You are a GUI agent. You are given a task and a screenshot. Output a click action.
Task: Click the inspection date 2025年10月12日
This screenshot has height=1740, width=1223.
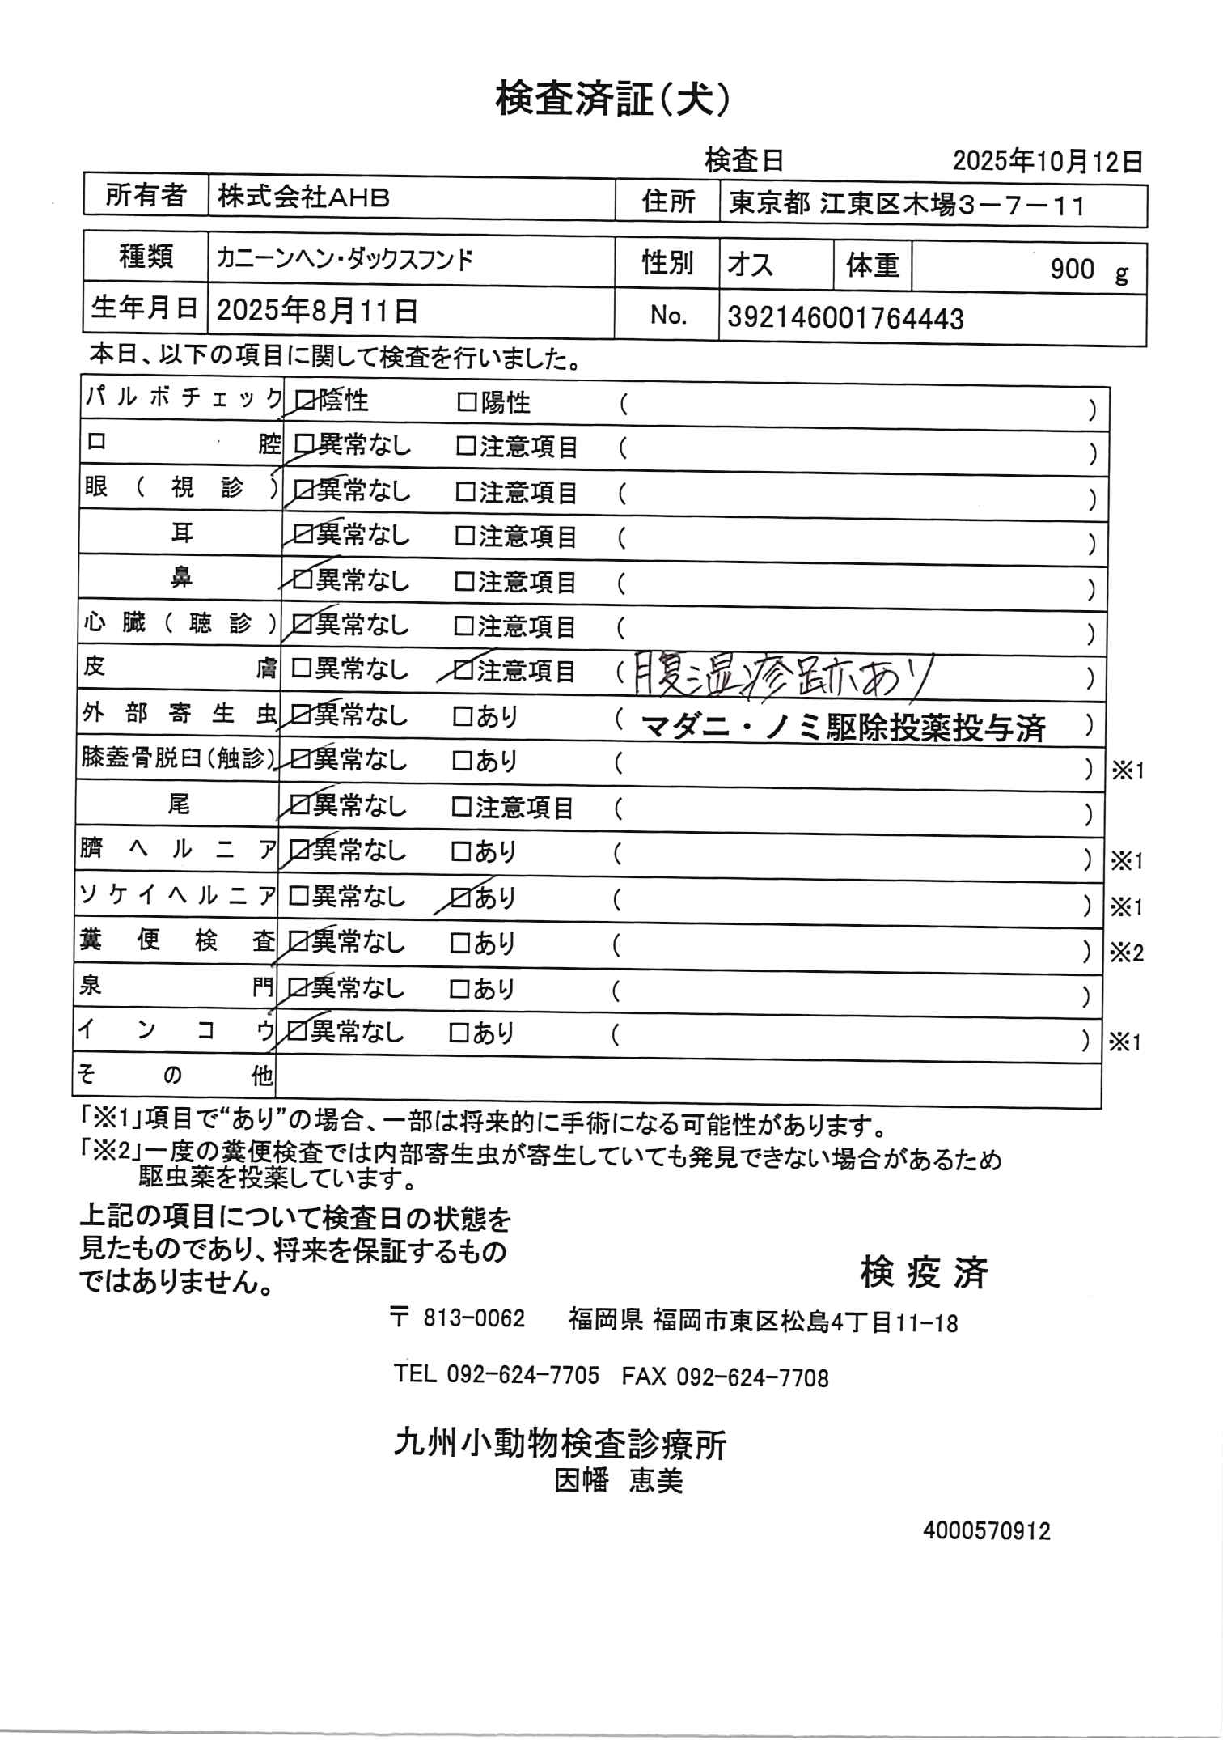click(x=1047, y=161)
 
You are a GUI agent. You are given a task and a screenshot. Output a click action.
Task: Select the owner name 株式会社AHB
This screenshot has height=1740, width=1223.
click(x=303, y=198)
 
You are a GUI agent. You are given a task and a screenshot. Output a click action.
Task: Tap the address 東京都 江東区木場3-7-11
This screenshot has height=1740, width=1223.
click(x=906, y=204)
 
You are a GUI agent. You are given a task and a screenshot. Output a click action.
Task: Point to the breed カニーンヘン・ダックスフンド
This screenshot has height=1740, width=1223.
click(x=345, y=260)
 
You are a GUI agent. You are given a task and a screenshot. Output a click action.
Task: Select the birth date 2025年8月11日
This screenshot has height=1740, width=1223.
click(x=317, y=310)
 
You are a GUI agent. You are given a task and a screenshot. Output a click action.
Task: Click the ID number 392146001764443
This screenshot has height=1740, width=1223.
click(x=845, y=318)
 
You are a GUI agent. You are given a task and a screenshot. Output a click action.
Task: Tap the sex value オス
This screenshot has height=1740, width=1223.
click(x=750, y=265)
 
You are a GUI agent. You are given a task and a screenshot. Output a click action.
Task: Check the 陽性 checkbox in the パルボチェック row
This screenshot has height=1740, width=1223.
click(x=467, y=402)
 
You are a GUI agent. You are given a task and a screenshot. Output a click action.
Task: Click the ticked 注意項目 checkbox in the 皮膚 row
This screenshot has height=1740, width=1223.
click(x=464, y=670)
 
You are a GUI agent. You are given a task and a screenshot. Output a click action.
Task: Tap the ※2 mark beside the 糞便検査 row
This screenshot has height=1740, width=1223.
click(x=1126, y=953)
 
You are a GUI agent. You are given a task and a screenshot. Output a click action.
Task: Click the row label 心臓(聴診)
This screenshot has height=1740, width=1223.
click(x=180, y=624)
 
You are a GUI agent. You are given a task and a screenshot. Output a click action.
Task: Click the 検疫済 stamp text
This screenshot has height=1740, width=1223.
click(x=924, y=1273)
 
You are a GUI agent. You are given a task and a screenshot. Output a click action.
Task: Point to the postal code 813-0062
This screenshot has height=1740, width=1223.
click(x=474, y=1318)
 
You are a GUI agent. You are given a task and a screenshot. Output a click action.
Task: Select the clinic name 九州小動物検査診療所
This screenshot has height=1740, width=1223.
click(x=560, y=1443)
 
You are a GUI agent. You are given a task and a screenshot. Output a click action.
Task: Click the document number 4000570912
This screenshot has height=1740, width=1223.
click(x=986, y=1531)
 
